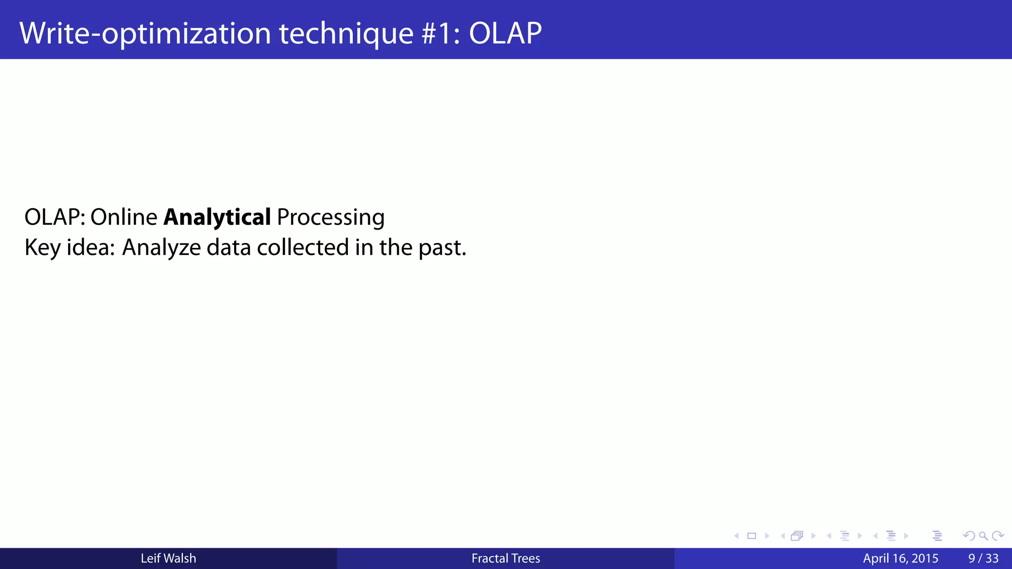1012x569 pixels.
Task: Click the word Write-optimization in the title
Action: pyautogui.click(x=145, y=34)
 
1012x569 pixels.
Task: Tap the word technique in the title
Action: pyautogui.click(x=346, y=34)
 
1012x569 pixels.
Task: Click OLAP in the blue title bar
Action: pyautogui.click(x=505, y=34)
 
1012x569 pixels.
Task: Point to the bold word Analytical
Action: pyautogui.click(x=217, y=217)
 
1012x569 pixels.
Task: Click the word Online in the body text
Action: pyautogui.click(x=124, y=217)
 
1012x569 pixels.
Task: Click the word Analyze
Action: pyautogui.click(x=161, y=248)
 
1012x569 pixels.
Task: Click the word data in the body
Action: pyautogui.click(x=228, y=247)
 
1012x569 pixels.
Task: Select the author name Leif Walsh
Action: pyautogui.click(x=168, y=559)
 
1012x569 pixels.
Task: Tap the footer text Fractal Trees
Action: pyautogui.click(x=506, y=559)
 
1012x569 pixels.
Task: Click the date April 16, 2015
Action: pyautogui.click(x=900, y=559)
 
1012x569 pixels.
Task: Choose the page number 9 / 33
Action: pyautogui.click(x=983, y=559)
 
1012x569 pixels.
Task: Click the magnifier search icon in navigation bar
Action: pyautogui.click(x=983, y=536)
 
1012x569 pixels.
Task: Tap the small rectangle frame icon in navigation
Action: pyautogui.click(x=752, y=536)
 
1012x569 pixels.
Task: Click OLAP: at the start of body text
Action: pyautogui.click(x=54, y=217)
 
